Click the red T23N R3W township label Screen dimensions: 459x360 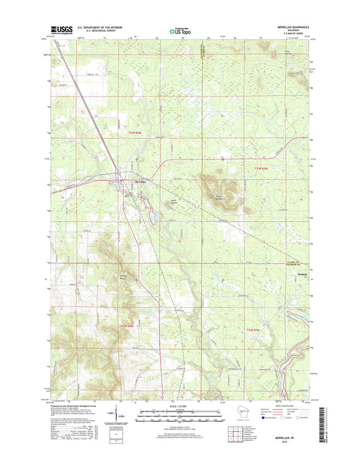point(261,168)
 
